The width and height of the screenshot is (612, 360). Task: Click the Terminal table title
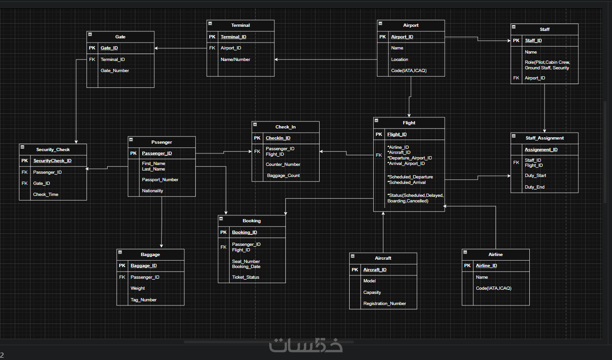coord(240,25)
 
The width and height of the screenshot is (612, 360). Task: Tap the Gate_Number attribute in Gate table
coord(115,71)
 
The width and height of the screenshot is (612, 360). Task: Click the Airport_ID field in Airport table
coord(402,37)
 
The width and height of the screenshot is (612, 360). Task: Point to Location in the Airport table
coord(400,60)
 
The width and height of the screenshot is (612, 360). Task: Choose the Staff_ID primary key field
coord(533,41)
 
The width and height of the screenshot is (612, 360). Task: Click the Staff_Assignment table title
coord(545,138)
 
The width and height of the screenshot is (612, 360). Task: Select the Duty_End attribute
coord(534,187)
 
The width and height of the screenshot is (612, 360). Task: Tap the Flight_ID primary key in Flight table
coord(397,134)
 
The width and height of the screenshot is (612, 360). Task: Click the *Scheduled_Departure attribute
coord(410,177)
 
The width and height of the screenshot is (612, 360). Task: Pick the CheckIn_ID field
coord(278,138)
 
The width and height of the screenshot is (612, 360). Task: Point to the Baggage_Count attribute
coord(283,176)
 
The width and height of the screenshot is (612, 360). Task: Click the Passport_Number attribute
coord(160,180)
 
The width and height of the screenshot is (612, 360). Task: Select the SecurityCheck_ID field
coord(52,161)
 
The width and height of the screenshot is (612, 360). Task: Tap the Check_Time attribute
coord(46,195)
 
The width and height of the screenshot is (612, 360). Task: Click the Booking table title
coord(252,221)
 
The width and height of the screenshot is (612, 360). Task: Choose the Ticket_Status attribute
coord(245,277)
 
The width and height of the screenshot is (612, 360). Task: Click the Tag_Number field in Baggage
coord(143,300)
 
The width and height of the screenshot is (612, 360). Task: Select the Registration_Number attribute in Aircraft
coord(384,304)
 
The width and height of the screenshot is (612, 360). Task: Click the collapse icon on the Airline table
coord(466,252)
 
